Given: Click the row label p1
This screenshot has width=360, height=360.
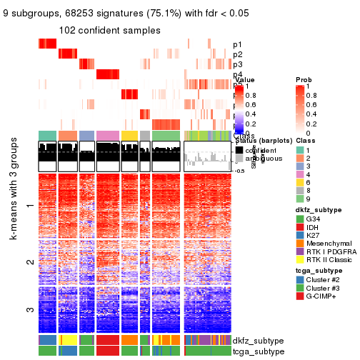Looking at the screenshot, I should (238, 44).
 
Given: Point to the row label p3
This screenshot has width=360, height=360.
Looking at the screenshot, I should (238, 64).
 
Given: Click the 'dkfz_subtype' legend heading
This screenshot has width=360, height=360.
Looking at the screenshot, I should (314, 209).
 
